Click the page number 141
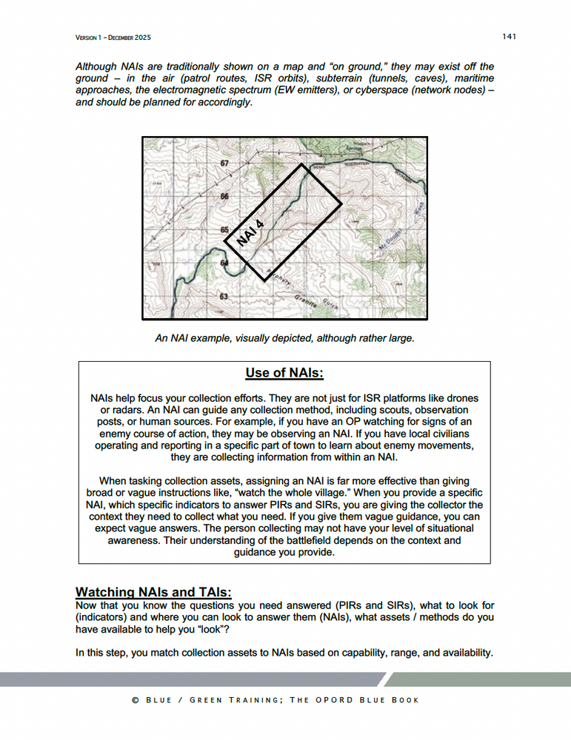coord(508,36)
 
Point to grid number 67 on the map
coord(224,162)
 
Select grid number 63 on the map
coord(224,296)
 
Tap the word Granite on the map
coord(306,301)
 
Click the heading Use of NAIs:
coord(285,373)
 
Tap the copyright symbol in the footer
coord(136,700)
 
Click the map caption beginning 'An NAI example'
coord(285,338)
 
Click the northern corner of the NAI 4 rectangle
coord(302,164)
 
